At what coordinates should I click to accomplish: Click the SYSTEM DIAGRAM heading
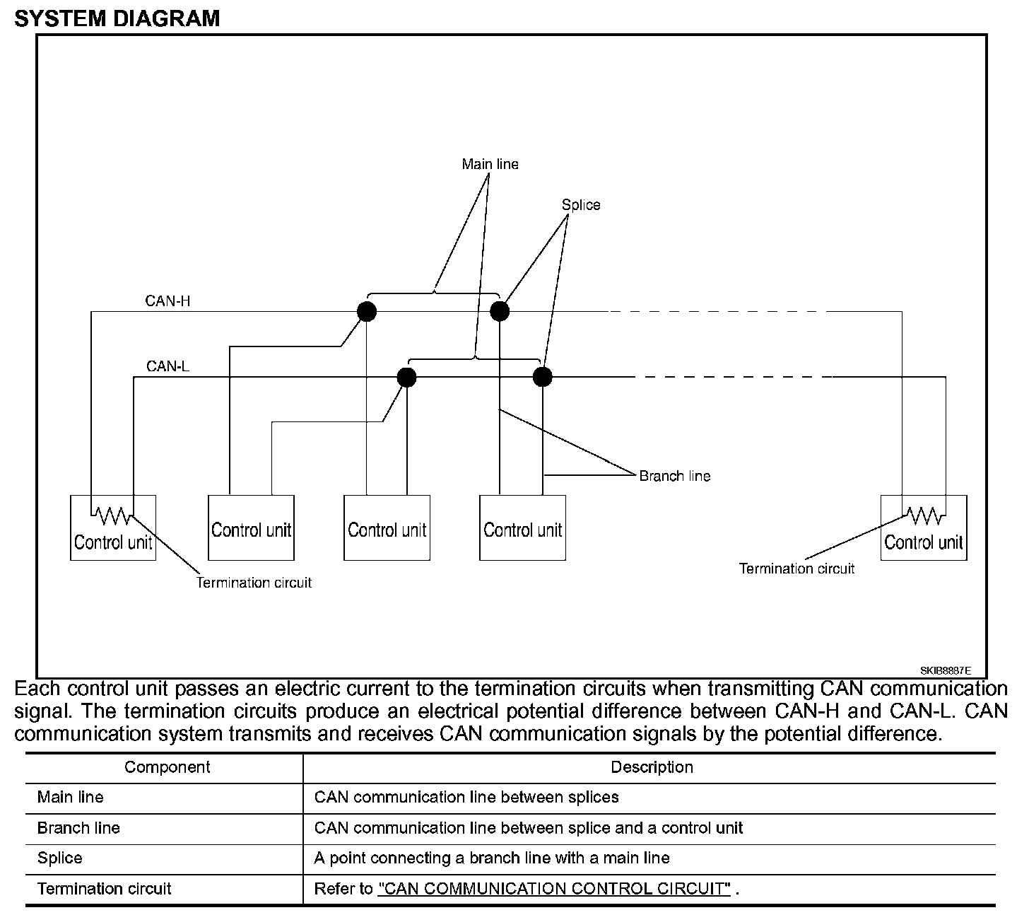(117, 18)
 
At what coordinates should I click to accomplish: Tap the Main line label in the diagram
(490, 164)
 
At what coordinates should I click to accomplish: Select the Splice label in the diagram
(581, 205)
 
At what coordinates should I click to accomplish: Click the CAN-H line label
(167, 301)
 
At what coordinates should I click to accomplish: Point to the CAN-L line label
(167, 366)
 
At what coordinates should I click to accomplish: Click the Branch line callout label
(674, 476)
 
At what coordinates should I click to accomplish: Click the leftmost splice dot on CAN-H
(366, 311)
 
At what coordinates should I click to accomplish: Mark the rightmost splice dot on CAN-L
(542, 377)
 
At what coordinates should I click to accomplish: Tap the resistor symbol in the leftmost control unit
(113, 516)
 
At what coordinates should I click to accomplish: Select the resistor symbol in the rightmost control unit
(924, 516)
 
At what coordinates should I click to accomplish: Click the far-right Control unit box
(924, 528)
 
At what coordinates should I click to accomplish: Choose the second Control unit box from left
(251, 528)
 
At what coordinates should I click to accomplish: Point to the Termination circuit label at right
(796, 569)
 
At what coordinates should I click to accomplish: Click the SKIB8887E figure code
(945, 670)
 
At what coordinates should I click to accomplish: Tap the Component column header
(167, 767)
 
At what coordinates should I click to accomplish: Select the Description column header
(652, 767)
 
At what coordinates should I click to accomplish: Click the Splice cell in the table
(60, 858)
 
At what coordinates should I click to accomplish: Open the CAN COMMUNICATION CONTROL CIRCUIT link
(554, 889)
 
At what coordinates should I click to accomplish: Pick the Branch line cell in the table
(78, 827)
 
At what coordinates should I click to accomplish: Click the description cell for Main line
(466, 797)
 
